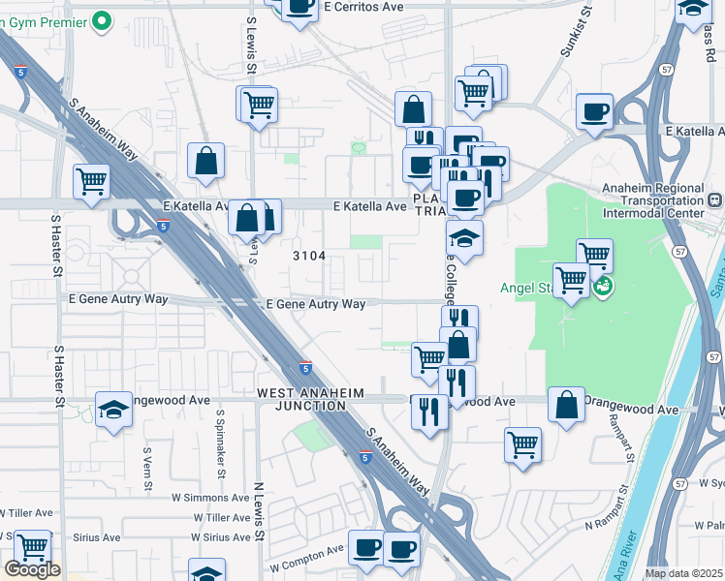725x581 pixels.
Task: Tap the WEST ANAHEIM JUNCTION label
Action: [x=301, y=399]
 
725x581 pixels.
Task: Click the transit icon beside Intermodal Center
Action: [x=715, y=200]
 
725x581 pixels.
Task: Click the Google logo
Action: [x=32, y=569]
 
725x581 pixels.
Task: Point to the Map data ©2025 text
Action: [x=684, y=573]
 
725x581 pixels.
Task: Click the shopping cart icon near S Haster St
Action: [x=91, y=179]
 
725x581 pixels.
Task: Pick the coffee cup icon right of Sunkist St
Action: [x=594, y=109]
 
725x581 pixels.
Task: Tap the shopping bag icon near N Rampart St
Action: [x=566, y=404]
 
